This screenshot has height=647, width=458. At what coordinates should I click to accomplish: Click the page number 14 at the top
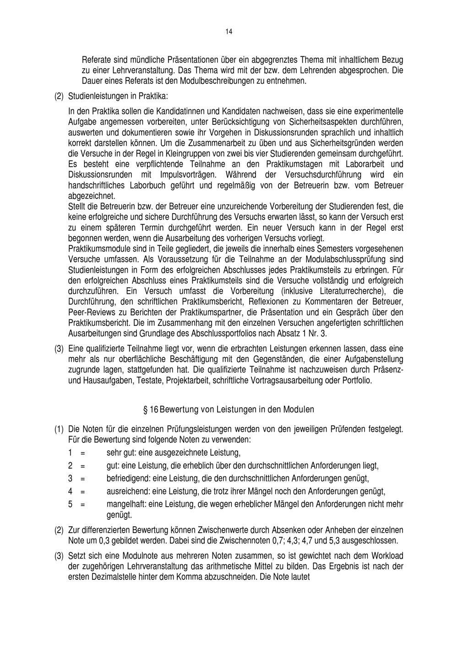(x=229, y=32)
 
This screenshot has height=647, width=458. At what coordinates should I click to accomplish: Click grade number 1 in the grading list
(x=70, y=453)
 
